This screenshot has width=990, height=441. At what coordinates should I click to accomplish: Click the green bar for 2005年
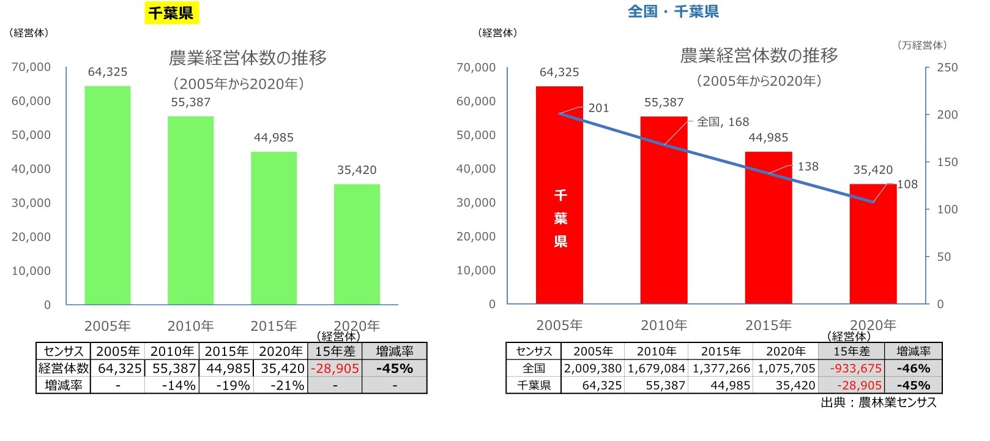[x=108, y=196]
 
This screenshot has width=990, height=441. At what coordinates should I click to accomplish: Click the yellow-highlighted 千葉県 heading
[x=171, y=12]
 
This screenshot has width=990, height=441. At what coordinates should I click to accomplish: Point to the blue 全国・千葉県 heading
[x=673, y=12]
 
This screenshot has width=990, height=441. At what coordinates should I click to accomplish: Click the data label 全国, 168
[x=723, y=122]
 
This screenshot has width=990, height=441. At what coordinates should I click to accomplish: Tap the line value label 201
[x=598, y=108]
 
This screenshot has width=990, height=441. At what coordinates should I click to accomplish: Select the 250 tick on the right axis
[x=947, y=67]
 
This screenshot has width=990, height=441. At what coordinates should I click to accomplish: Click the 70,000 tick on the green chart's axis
[x=31, y=67]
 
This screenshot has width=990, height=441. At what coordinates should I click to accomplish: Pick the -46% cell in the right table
[x=913, y=369]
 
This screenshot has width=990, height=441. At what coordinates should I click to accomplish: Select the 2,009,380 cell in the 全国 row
[x=592, y=369]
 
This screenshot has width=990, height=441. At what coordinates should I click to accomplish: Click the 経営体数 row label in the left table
[x=64, y=369]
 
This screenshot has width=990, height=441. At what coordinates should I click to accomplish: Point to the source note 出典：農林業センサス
[x=878, y=402]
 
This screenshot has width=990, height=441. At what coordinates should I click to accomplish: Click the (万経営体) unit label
[x=922, y=45]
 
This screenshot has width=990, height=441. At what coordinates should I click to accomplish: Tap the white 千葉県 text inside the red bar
[x=560, y=219]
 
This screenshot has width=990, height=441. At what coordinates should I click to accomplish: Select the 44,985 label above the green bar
[x=274, y=138]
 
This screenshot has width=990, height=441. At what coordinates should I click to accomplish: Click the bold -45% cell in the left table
[x=395, y=369]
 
